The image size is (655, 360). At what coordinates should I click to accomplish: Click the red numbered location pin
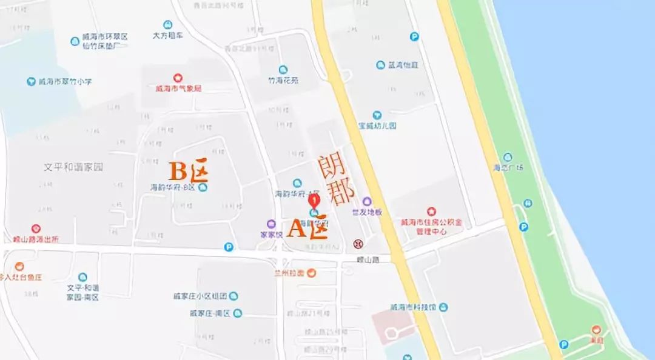314,201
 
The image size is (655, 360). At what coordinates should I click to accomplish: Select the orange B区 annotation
188,171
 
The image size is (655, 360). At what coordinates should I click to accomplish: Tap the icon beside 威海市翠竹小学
31,81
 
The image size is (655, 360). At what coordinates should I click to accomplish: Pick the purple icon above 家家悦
271,224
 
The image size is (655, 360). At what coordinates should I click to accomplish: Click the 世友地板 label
367,212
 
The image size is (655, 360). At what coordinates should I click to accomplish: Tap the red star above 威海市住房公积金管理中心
431,212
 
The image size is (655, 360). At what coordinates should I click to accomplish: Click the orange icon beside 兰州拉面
311,273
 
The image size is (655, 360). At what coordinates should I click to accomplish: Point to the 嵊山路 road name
368,259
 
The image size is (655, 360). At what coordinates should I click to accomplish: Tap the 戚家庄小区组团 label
200,296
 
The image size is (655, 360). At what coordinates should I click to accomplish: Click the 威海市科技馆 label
414,307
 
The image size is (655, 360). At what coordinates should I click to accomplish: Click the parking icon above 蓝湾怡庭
414,36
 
